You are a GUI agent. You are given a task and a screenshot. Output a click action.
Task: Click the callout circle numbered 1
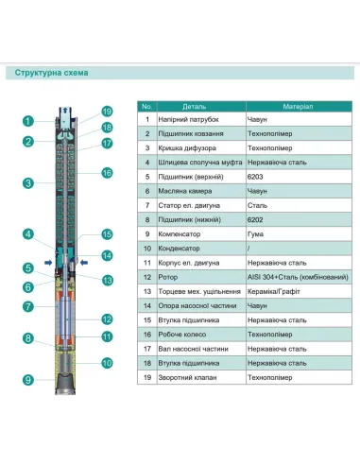(x=29, y=120)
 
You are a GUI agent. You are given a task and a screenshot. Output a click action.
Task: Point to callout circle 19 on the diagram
(x=107, y=112)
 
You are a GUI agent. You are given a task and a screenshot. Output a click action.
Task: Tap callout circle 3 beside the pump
(x=29, y=182)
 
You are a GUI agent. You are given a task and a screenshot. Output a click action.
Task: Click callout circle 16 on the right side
(x=107, y=173)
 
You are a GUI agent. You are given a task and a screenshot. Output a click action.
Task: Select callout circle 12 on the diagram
(x=107, y=319)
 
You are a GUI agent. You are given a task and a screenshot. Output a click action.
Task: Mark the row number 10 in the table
(x=146, y=248)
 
